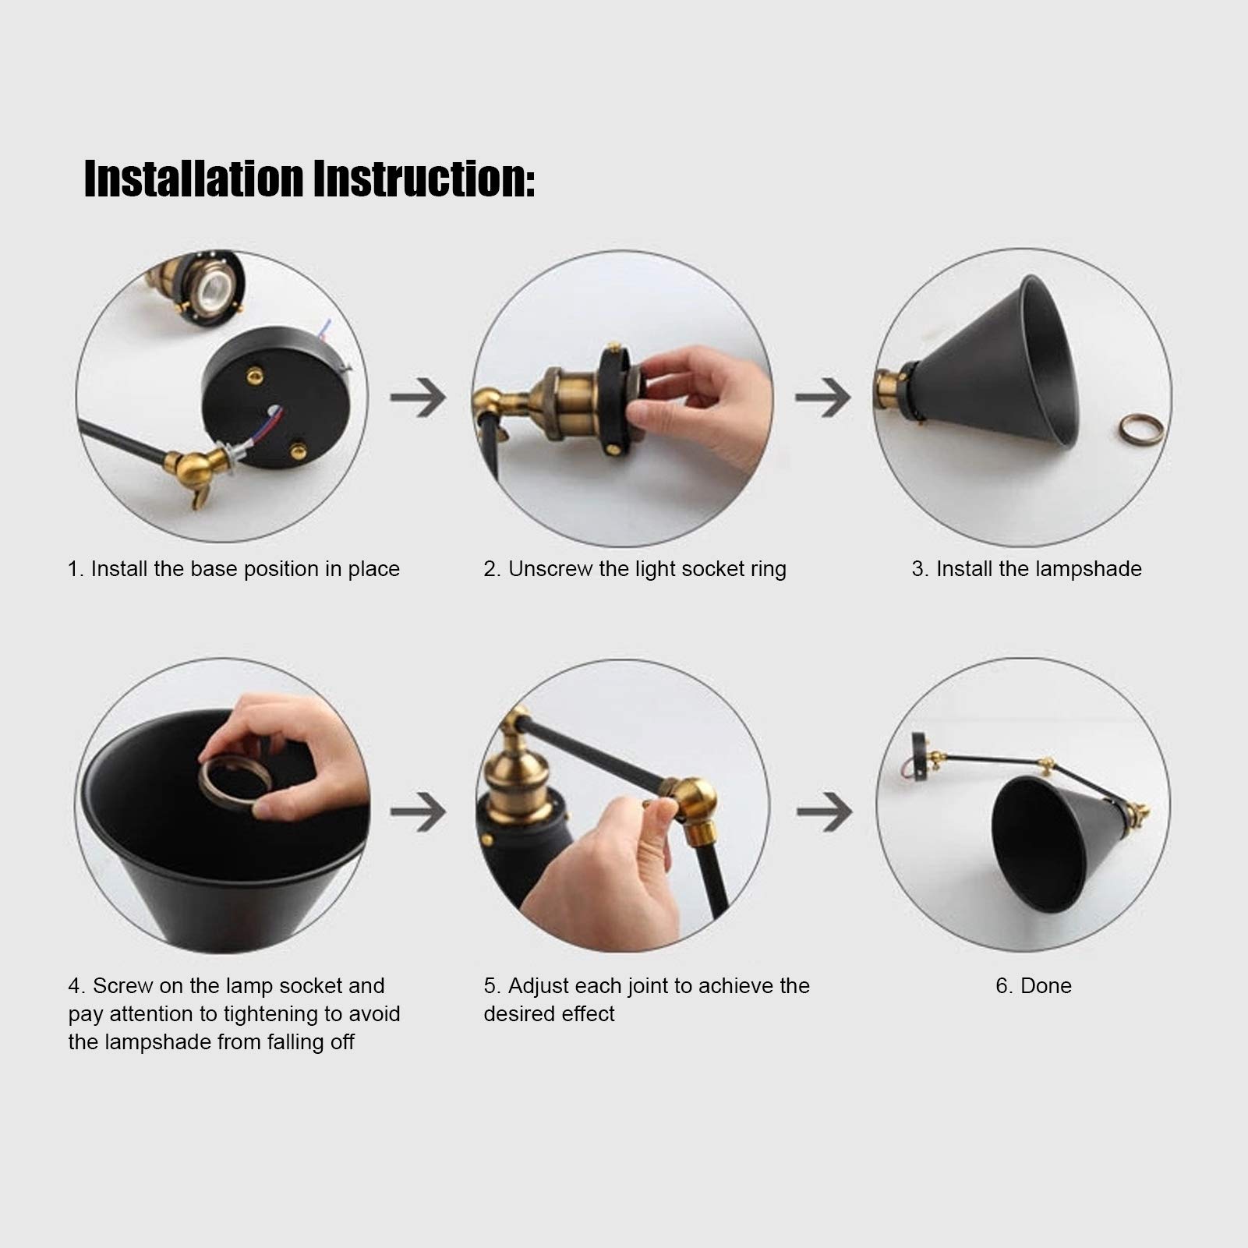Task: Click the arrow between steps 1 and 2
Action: coord(419,397)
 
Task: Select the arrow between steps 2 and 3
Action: coord(823,397)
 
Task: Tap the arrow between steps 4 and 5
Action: coord(419,811)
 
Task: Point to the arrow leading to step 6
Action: coord(824,811)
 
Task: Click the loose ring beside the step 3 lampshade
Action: coord(1143,429)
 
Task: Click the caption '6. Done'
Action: coord(1034,986)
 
